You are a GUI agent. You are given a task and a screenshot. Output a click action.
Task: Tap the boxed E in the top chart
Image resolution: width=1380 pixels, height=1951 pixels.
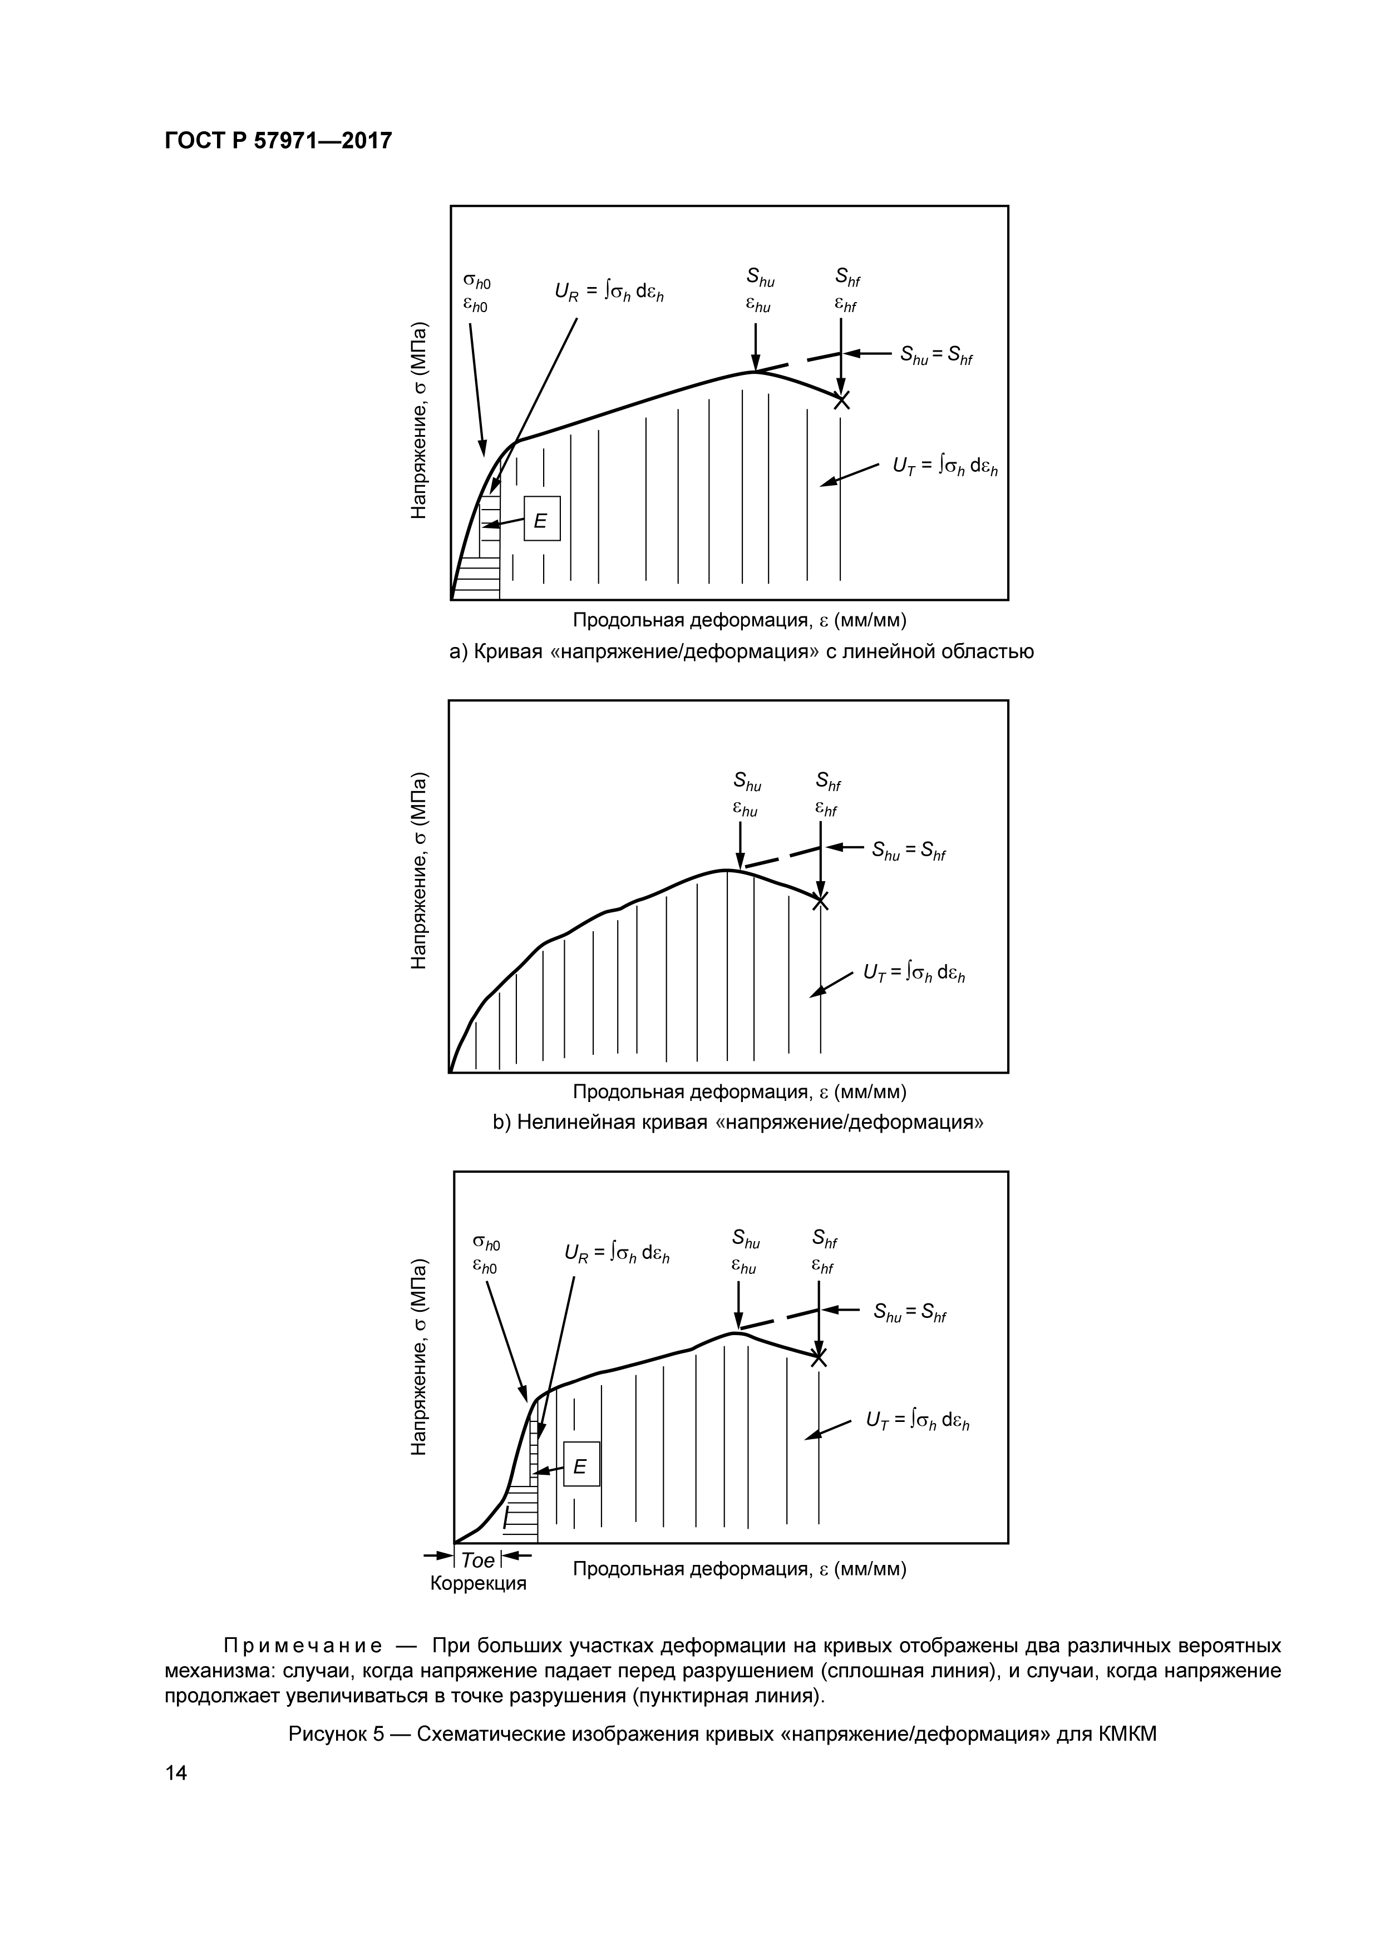541,518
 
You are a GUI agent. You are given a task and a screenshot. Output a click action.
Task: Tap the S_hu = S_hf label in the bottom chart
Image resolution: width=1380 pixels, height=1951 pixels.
909,1313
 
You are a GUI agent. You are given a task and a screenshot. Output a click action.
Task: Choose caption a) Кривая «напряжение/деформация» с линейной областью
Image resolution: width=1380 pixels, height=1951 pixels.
741,652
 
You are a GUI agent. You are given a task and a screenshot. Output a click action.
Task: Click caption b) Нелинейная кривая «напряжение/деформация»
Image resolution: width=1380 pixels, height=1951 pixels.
738,1123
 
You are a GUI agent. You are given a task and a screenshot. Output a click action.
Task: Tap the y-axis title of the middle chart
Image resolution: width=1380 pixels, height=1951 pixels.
419,871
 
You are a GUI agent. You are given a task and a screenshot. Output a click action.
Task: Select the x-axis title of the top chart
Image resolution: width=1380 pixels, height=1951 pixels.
740,620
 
